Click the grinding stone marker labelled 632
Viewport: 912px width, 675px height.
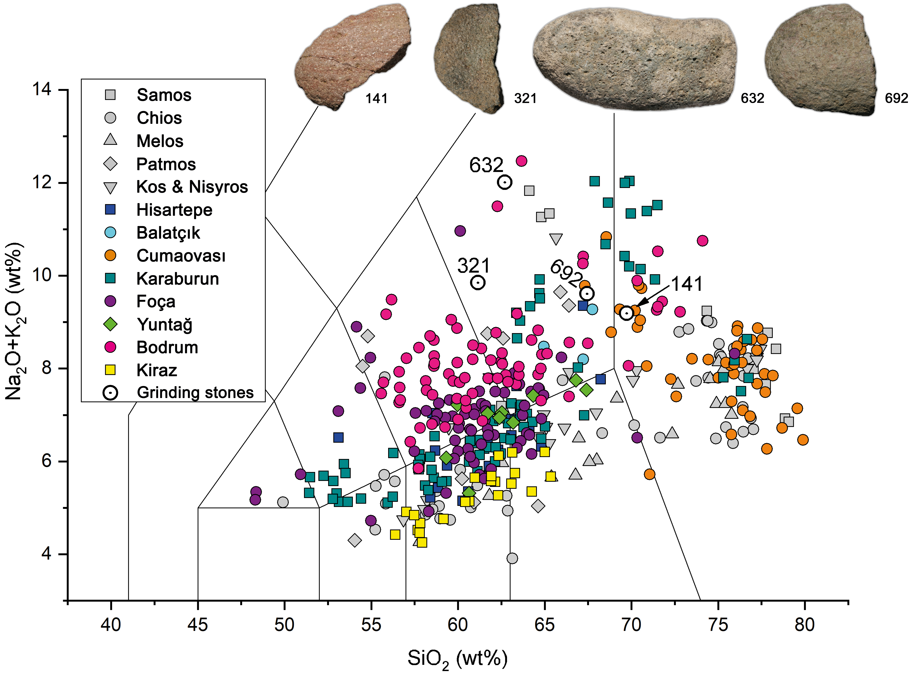(x=505, y=182)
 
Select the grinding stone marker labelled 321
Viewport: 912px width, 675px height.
(x=478, y=282)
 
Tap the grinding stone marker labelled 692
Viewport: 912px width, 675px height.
(x=587, y=293)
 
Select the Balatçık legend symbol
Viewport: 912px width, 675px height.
(x=110, y=232)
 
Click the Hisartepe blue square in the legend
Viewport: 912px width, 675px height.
(x=110, y=210)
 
